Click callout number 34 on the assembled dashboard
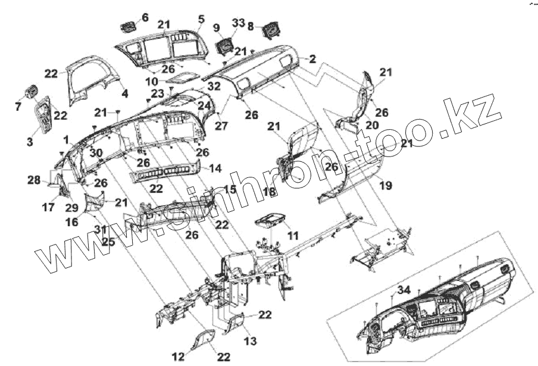pyautogui.click(x=404, y=290)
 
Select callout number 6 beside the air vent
pyautogui.click(x=145, y=18)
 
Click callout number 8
pyautogui.click(x=251, y=26)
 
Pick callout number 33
pyautogui.click(x=238, y=22)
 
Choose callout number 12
pyautogui.click(x=178, y=356)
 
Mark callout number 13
pyautogui.click(x=250, y=341)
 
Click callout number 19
pyautogui.click(x=386, y=186)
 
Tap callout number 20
pyautogui.click(x=372, y=125)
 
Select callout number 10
pyautogui.click(x=151, y=80)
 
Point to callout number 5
pyautogui.click(x=201, y=20)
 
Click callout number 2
pyautogui.click(x=312, y=60)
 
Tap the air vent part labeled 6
pyautogui.click(x=128, y=26)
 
